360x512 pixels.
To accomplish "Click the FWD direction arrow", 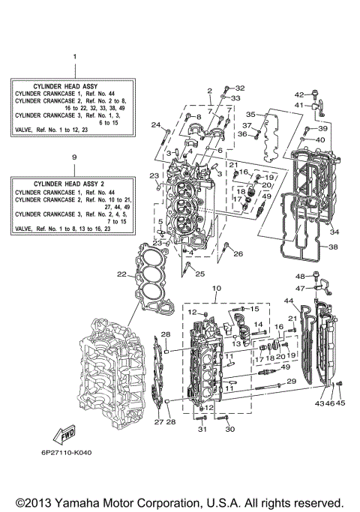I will pyautogui.click(x=58, y=435).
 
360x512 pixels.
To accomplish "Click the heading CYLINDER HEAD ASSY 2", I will pyautogui.click(x=73, y=184).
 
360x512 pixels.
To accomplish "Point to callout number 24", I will pyautogui.click(x=156, y=124).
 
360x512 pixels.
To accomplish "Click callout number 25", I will pyautogui.click(x=199, y=274).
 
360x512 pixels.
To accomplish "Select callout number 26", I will pyautogui.click(x=238, y=254).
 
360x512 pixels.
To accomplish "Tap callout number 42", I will pyautogui.click(x=298, y=94).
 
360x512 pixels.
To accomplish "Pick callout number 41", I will pyautogui.click(x=298, y=106).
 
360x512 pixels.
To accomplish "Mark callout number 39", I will pyautogui.click(x=323, y=128).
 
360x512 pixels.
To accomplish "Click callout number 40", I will pyautogui.click(x=320, y=140).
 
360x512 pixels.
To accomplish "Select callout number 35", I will pyautogui.click(x=252, y=114).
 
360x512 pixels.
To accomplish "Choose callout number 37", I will pyautogui.click(x=247, y=125).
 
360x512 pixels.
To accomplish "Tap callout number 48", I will pyautogui.click(x=298, y=276).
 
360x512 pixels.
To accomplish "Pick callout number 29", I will pyautogui.click(x=291, y=382).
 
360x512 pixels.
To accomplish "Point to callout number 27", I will pyautogui.click(x=158, y=423).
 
